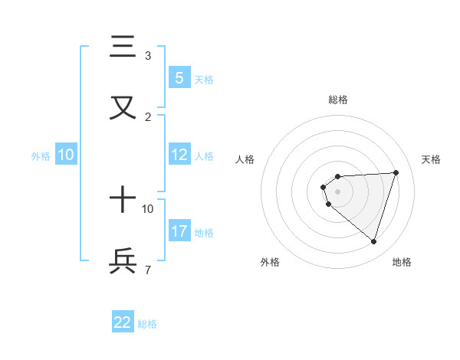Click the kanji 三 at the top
(123, 48)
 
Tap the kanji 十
(123, 201)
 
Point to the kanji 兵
(123, 260)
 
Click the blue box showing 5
(179, 78)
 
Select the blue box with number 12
(179, 155)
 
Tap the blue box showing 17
(179, 231)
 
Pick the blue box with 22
(123, 322)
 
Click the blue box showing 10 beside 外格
(66, 155)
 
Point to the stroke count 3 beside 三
(148, 56)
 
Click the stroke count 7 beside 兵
(148, 270)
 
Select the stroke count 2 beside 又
(148, 116)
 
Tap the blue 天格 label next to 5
(204, 79)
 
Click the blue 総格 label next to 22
(147, 324)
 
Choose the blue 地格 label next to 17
(204, 232)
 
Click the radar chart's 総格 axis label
(337, 100)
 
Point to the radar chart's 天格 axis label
(431, 159)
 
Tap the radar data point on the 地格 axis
(373, 241)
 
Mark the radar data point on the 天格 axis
(396, 172)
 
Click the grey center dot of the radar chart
(337, 191)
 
